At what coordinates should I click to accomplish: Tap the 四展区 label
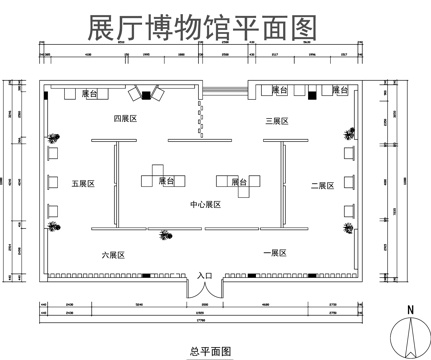point(124,118)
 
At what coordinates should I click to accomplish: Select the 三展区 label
point(276,121)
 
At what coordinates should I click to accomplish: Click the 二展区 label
point(321,185)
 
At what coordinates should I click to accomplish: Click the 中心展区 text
point(207,204)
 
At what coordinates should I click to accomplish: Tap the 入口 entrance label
point(205,274)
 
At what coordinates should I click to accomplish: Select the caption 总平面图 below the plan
point(210,351)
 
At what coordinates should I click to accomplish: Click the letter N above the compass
point(409,309)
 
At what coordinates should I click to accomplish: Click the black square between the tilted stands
point(146,94)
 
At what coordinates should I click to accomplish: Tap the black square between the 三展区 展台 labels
point(311,94)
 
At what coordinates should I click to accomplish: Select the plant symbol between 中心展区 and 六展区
point(164,235)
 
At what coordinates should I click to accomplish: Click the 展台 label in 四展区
point(89,93)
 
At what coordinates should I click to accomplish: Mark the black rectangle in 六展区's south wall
point(146,276)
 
